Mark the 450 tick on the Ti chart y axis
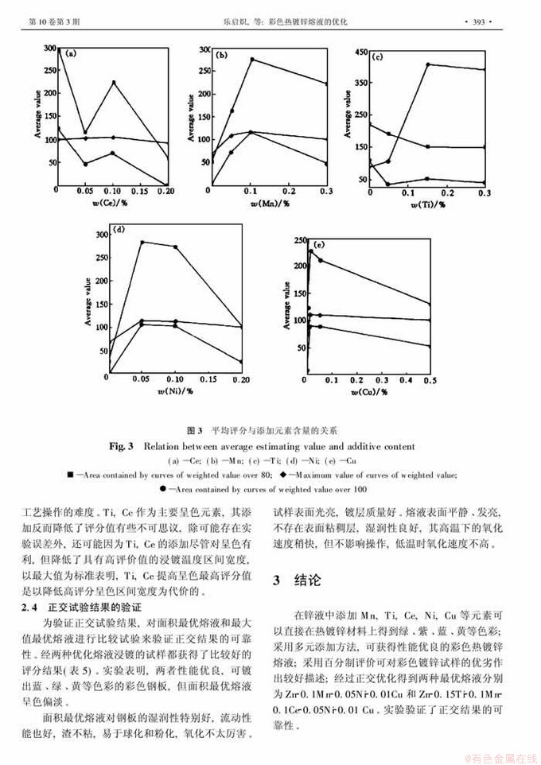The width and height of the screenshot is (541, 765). click(362, 52)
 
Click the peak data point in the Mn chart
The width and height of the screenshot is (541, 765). click(252, 60)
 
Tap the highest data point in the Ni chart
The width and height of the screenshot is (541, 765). click(142, 242)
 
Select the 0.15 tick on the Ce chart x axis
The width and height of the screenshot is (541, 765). click(138, 192)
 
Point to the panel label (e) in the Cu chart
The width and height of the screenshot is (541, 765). click(320, 243)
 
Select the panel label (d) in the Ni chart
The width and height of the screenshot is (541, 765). click(119, 230)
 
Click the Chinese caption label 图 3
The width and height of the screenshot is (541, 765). click(195, 430)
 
